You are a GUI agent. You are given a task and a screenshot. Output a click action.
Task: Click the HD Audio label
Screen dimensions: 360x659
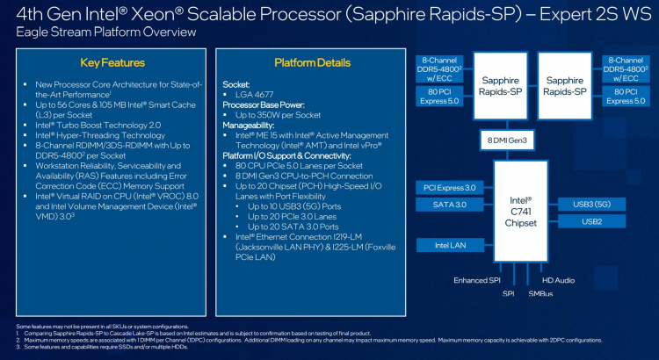click(558, 280)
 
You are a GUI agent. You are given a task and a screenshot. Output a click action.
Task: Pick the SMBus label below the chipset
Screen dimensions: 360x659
click(540, 293)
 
